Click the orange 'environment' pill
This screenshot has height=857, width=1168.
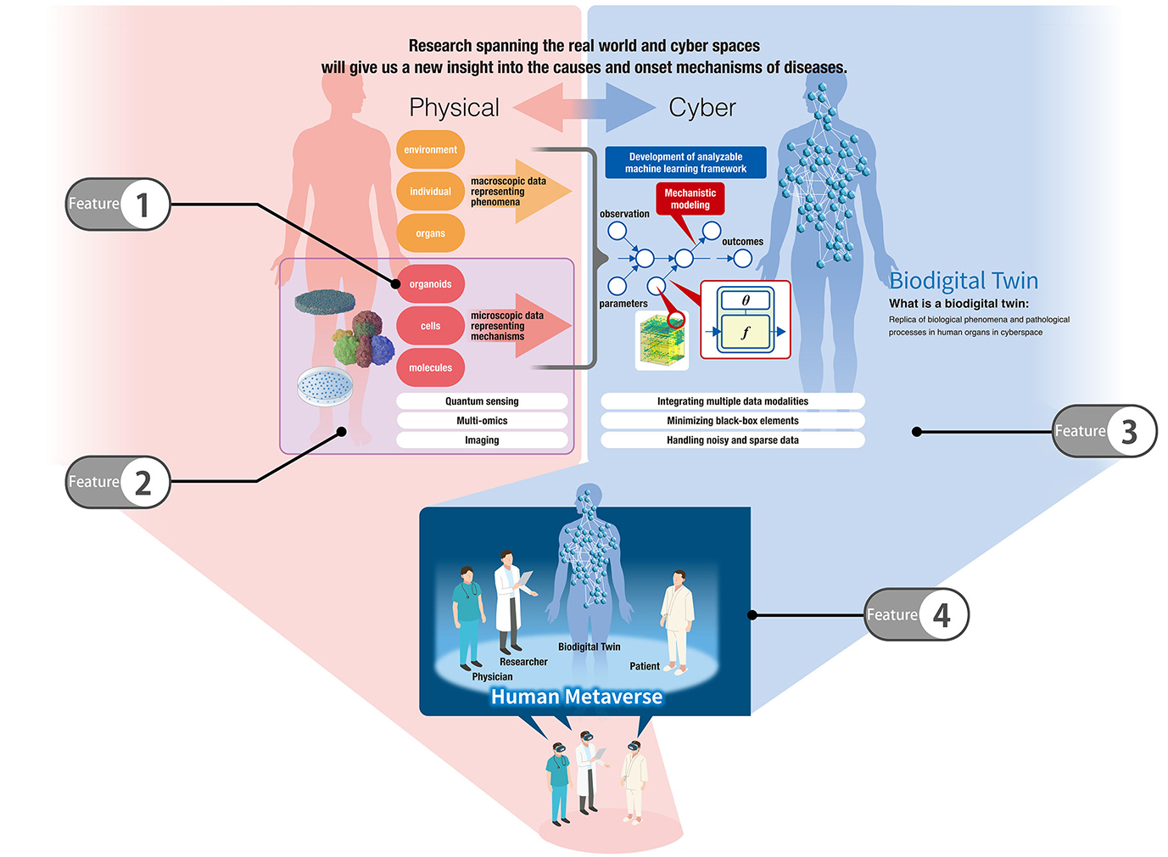click(x=430, y=149)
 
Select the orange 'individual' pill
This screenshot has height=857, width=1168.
click(x=430, y=192)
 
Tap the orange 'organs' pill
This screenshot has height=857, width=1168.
click(x=430, y=233)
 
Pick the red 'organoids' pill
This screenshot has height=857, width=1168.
click(x=430, y=284)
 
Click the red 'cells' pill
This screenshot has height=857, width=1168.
click(x=430, y=326)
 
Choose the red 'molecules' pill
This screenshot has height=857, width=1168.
click(x=430, y=367)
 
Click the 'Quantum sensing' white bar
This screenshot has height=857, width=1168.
click(x=482, y=401)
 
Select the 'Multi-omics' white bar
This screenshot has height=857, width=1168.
click(x=482, y=421)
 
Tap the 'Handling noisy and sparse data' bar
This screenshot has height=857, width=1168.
click(x=732, y=440)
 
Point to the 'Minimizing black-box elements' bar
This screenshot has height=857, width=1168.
click(x=732, y=421)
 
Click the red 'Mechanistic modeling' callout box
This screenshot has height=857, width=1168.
click(x=690, y=199)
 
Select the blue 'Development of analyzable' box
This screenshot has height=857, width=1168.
click(x=685, y=163)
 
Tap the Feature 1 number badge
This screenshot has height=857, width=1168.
click(x=143, y=204)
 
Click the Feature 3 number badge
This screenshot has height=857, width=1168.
click(x=1129, y=432)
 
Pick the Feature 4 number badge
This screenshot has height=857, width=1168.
click(x=942, y=615)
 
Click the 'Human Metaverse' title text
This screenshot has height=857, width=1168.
click(x=577, y=697)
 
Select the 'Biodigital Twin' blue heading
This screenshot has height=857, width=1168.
click(x=964, y=281)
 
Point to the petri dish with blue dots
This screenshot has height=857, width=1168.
click(x=325, y=386)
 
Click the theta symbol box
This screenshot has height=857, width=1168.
click(x=746, y=300)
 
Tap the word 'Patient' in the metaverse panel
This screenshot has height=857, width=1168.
click(x=645, y=666)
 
